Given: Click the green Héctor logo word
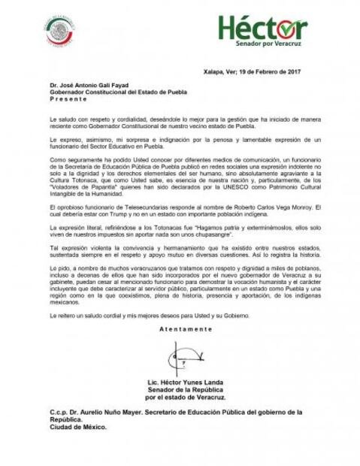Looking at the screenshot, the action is pyautogui.click(x=262, y=29).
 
